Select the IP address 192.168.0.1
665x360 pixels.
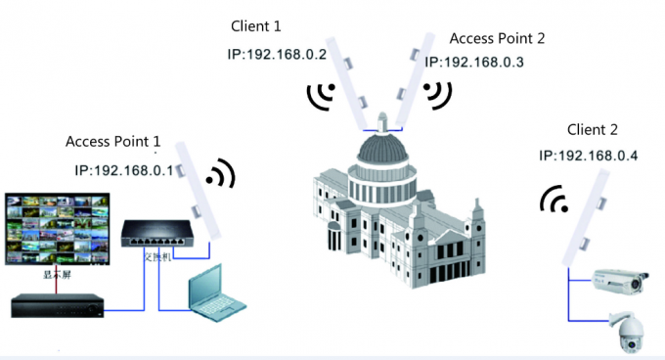pos(123,170)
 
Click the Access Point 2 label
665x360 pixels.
pos(497,39)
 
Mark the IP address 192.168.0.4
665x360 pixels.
pos(587,156)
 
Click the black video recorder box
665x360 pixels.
pos(57,305)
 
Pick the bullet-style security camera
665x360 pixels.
pos(622,280)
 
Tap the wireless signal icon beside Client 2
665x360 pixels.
pos(554,200)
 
